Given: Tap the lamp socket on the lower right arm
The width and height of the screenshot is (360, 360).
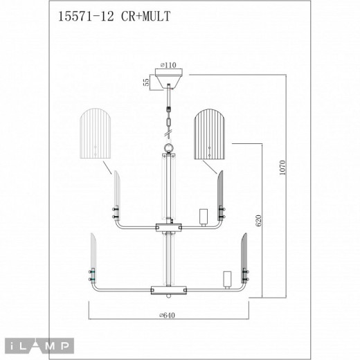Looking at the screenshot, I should pyautogui.click(x=225, y=278).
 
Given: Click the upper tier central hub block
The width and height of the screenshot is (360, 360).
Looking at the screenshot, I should pyautogui.click(x=167, y=227).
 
